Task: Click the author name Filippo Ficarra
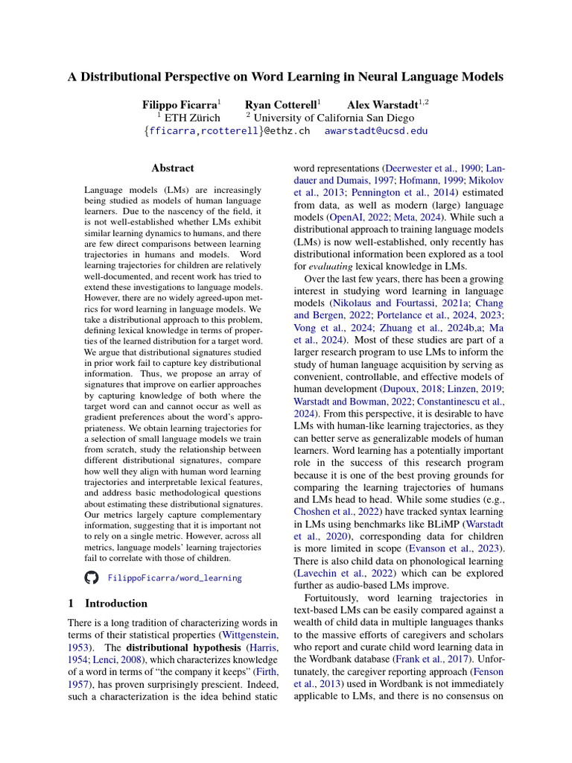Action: click(179, 105)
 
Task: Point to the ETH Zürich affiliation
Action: click(191, 118)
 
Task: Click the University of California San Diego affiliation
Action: click(334, 118)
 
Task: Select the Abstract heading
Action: click(172, 168)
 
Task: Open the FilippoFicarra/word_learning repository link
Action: click(175, 577)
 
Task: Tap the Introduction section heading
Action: click(116, 604)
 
